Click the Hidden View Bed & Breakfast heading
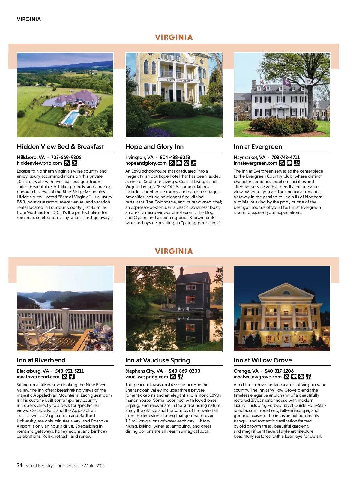click(60, 147)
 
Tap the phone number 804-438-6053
click(175, 157)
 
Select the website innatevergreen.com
click(255, 163)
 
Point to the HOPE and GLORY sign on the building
click(180, 80)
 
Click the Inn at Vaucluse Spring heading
click(157, 360)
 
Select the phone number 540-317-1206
click(279, 371)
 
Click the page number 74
click(20, 465)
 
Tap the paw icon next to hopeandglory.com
click(186, 163)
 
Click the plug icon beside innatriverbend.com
click(72, 377)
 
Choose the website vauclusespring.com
click(146, 377)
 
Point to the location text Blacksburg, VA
click(33, 371)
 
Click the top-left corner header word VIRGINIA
click(29, 19)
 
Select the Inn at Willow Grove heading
click(262, 360)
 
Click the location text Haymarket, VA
click(249, 157)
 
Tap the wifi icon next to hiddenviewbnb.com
click(67, 163)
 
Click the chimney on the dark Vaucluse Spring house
click(181, 271)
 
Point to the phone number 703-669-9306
click(66, 157)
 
